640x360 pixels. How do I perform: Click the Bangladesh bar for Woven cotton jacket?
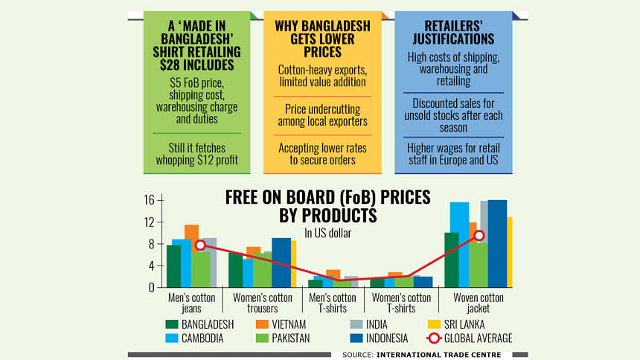pos(451,260)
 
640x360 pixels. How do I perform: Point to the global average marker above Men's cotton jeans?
pos(199,245)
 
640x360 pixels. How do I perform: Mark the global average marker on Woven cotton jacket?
pos(479,235)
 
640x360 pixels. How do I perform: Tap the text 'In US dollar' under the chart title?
pos(328,233)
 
